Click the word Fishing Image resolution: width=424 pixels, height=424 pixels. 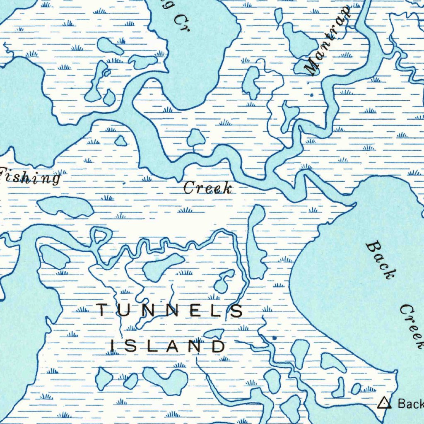(x=30, y=176)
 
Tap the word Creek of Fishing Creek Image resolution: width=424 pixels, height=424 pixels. (x=207, y=188)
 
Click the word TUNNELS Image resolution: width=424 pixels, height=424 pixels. (x=170, y=310)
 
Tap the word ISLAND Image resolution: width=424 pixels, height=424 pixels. (x=168, y=346)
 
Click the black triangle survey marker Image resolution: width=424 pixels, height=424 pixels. (x=385, y=402)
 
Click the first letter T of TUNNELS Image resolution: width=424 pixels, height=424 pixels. (x=102, y=310)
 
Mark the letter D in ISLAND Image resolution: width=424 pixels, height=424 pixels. (x=218, y=346)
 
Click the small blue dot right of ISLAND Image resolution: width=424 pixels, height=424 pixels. (x=274, y=338)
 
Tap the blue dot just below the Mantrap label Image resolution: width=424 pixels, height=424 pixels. (x=312, y=95)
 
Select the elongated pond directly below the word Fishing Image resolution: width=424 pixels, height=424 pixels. (x=65, y=206)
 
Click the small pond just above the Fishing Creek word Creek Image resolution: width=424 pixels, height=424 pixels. (x=195, y=138)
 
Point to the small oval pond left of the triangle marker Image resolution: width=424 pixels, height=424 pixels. (x=356, y=388)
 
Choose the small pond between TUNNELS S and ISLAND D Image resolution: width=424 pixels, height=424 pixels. (x=214, y=333)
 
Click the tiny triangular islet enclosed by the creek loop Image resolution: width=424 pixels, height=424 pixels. (x=99, y=236)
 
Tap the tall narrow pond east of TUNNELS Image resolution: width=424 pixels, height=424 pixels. (x=256, y=242)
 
